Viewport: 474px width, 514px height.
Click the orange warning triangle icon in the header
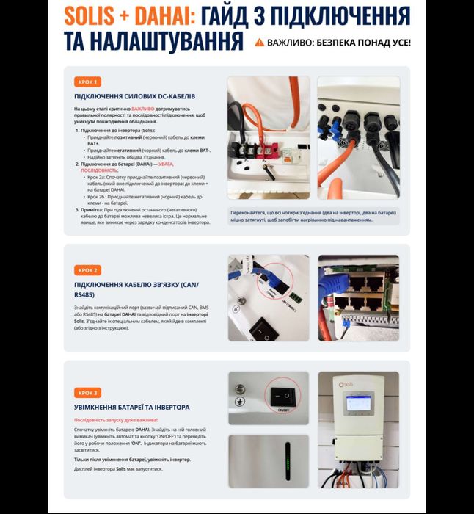(259, 43)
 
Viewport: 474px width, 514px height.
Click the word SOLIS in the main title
(92, 15)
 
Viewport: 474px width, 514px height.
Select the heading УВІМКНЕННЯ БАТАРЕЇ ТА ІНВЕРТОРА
(132, 407)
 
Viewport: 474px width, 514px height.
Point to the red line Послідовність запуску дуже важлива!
(116, 419)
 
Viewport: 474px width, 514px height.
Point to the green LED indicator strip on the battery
(287, 462)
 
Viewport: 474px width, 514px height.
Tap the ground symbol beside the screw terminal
(239, 402)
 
